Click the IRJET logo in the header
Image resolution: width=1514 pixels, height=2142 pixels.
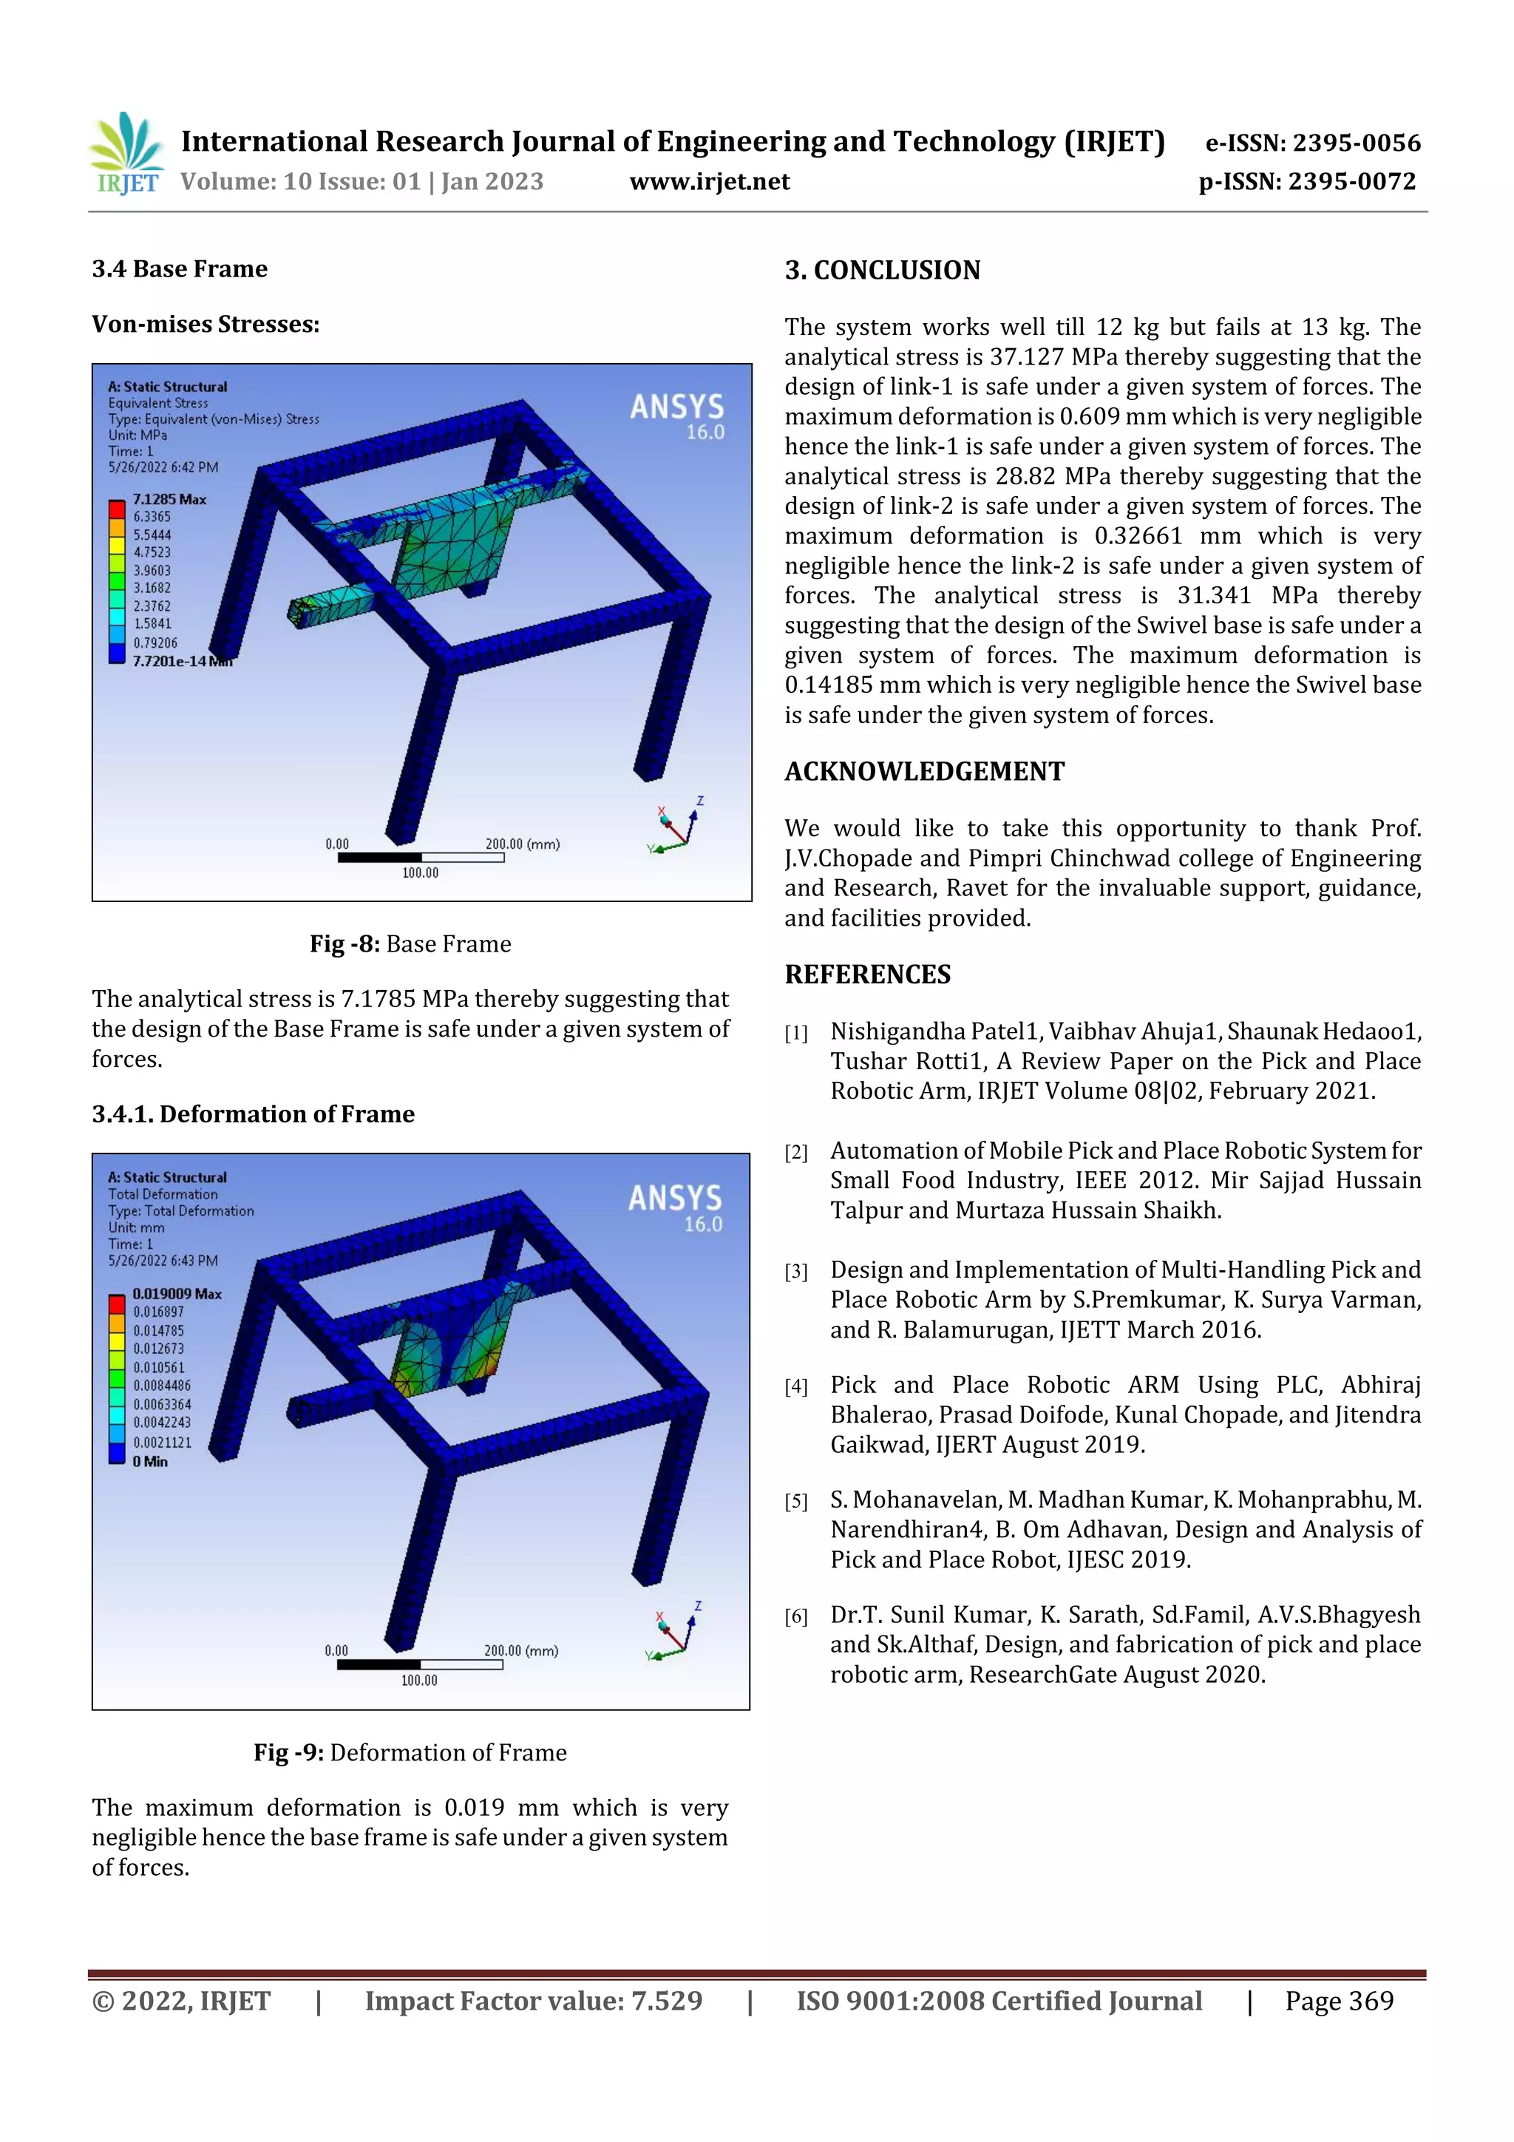pos(126,154)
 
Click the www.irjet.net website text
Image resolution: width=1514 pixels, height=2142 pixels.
pos(709,181)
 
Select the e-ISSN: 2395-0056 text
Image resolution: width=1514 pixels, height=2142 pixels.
pos(1312,143)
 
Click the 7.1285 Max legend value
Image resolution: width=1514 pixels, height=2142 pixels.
pos(169,499)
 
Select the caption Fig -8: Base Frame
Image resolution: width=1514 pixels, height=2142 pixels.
pos(410,943)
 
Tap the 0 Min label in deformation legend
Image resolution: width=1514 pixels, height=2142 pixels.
pos(149,1461)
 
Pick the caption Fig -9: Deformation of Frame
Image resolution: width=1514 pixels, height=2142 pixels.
pos(410,1752)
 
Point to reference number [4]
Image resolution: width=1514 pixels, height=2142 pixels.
pos(795,1386)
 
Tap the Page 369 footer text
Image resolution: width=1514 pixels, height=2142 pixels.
pos(1339,2000)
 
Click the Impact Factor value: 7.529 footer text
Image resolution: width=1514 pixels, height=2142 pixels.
pos(533,2000)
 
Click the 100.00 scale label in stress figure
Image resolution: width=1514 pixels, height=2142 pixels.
pos(420,872)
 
